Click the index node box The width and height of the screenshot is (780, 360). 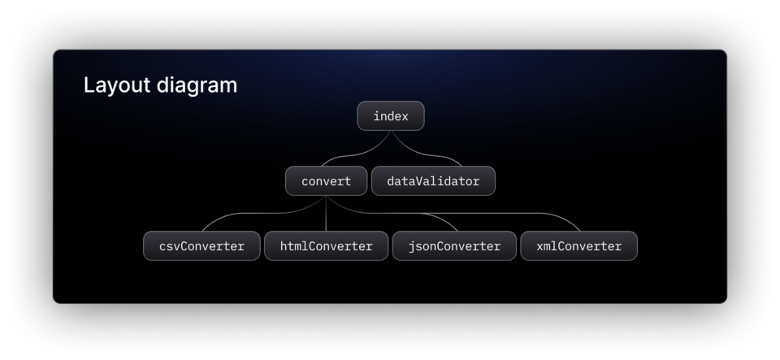coord(391,116)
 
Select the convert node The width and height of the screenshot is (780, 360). coord(327,181)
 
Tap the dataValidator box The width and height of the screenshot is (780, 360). coord(433,181)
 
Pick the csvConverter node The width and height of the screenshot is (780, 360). coord(201,245)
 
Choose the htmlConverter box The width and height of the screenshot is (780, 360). coord(327,245)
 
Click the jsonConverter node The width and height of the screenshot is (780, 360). coord(454,245)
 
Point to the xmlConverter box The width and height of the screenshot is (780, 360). coord(579,245)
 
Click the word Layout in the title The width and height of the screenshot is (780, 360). coord(117,85)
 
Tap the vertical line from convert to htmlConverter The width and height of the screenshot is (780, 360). coord(327,213)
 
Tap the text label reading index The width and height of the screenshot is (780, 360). coord(391,116)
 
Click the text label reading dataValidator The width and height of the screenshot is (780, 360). coord(433,181)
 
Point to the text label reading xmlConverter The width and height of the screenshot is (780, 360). coord(579,246)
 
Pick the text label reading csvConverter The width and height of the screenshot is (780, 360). coord(201,246)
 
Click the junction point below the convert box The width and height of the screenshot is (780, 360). coord(327,197)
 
